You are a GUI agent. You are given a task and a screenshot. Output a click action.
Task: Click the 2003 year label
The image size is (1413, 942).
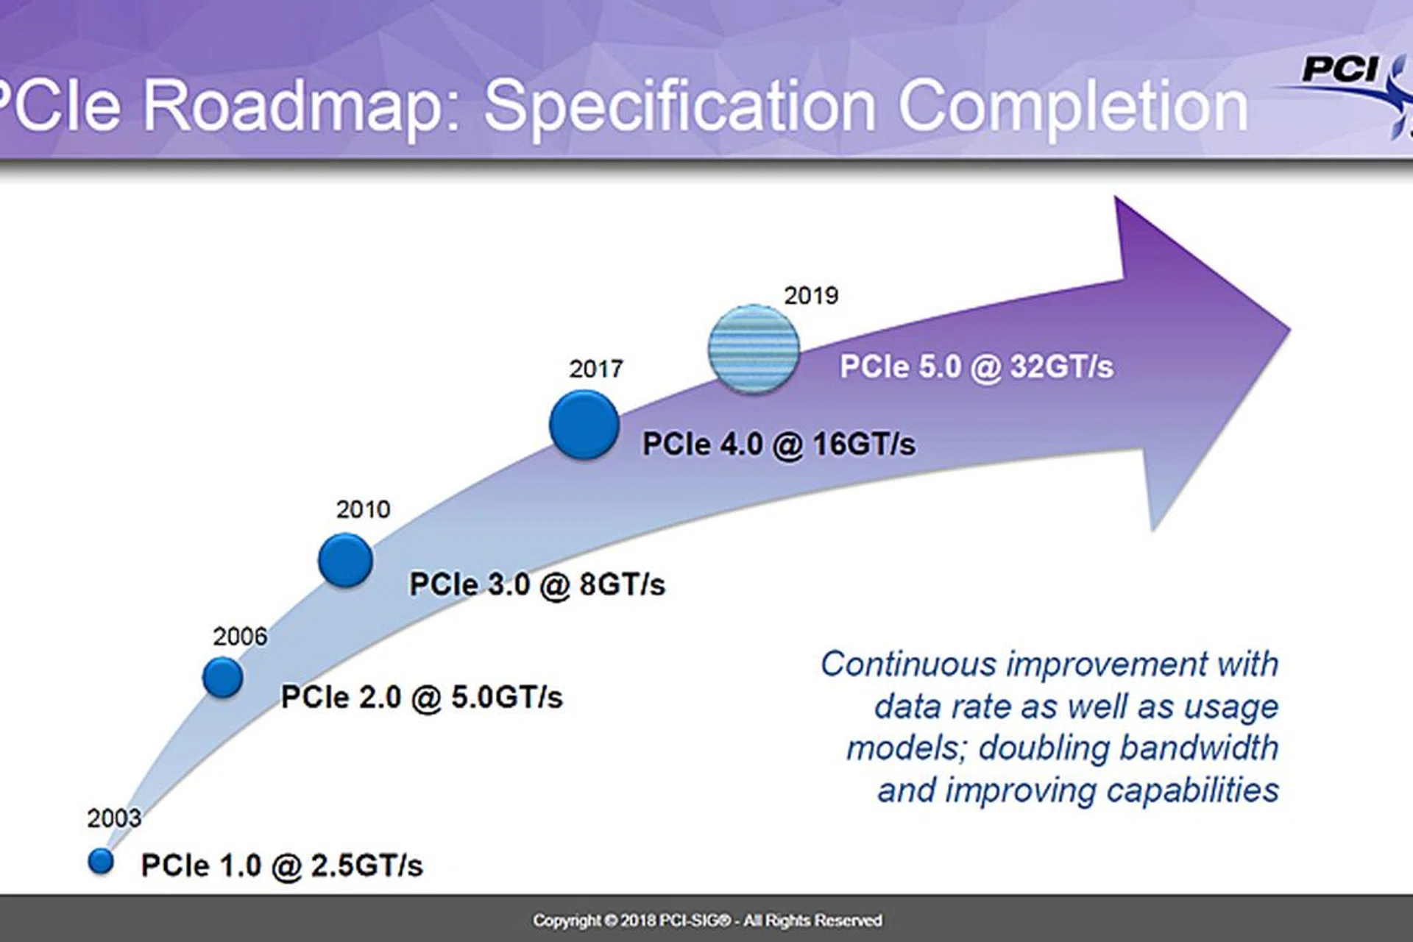click(x=114, y=818)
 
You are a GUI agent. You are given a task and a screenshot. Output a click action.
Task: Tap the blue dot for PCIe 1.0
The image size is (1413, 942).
click(x=101, y=861)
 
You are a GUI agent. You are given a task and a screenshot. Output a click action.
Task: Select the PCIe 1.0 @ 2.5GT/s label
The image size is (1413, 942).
click(x=282, y=865)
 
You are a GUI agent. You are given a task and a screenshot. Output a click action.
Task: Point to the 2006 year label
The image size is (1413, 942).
click(x=240, y=637)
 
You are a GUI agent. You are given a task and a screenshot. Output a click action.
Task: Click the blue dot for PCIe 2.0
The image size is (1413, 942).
click(x=223, y=677)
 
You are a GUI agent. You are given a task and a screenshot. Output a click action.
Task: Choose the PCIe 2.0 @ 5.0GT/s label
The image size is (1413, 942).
click(x=422, y=698)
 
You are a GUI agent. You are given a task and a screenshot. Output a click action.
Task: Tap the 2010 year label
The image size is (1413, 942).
click(x=364, y=509)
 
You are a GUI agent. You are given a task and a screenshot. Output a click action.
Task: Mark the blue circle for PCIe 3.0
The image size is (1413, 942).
click(x=345, y=560)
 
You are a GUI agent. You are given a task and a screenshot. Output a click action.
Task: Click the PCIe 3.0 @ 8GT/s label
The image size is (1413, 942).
click(x=537, y=585)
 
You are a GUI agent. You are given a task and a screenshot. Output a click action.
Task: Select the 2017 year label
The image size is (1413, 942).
click(x=596, y=369)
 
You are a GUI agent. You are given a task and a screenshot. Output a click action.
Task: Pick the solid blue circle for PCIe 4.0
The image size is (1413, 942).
click(x=584, y=425)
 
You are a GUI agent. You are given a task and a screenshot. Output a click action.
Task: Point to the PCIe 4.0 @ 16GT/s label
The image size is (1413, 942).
click(x=779, y=445)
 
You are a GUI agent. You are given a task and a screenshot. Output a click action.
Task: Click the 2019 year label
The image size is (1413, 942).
click(x=811, y=296)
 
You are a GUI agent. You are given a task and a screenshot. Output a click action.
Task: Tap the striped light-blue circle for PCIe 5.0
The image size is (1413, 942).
click(x=754, y=348)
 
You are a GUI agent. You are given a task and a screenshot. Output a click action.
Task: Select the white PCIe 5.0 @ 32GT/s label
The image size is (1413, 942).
click(x=977, y=366)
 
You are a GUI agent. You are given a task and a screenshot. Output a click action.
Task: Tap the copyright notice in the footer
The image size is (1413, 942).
click(x=707, y=921)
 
